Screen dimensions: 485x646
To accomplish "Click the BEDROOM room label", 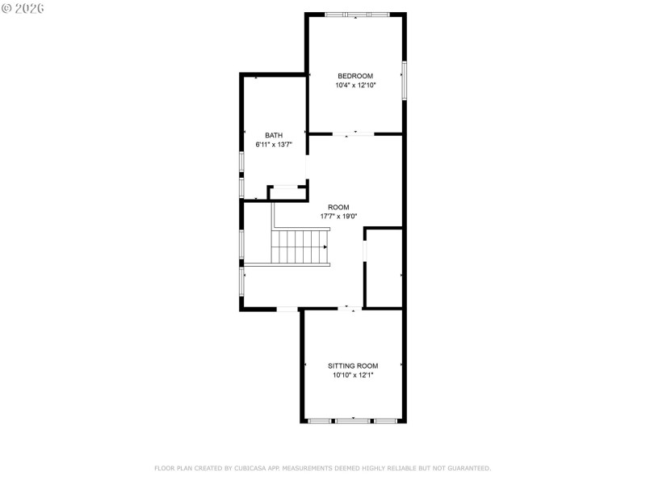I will pyautogui.click(x=355, y=76).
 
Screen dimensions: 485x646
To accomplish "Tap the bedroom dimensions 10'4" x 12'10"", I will pyautogui.click(x=355, y=85).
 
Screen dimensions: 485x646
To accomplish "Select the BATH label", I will pyautogui.click(x=274, y=136).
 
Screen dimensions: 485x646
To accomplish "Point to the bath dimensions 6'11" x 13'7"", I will pyautogui.click(x=274, y=145).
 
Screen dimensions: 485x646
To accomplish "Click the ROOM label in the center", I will pyautogui.click(x=338, y=207).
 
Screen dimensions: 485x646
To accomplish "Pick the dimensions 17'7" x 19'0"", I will pyautogui.click(x=338, y=217).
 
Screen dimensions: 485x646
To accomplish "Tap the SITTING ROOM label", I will pyautogui.click(x=353, y=365).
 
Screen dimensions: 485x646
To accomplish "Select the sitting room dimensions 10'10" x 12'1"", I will pyautogui.click(x=353, y=375).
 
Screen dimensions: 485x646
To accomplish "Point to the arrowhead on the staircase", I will pyautogui.click(x=325, y=247).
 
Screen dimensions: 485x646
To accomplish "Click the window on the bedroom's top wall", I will pyautogui.click(x=357, y=15).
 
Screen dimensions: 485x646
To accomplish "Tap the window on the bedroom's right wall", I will pyautogui.click(x=404, y=79).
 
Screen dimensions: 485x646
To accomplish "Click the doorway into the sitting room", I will pyautogui.click(x=349, y=308).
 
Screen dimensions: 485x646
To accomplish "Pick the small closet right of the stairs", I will pyautogui.click(x=384, y=268).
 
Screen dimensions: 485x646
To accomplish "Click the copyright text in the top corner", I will pyautogui.click(x=23, y=7).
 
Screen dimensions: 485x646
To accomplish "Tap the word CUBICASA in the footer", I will pyautogui.click(x=252, y=468).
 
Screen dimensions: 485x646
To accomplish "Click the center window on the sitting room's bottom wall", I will pyautogui.click(x=353, y=420).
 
